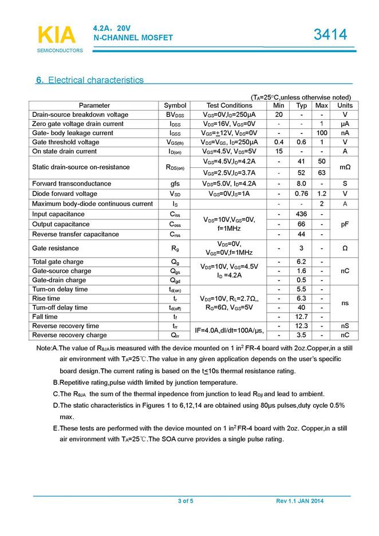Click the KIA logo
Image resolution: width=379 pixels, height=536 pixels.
(57, 35)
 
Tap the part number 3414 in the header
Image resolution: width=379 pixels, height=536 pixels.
(330, 35)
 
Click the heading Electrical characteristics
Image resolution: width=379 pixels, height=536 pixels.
(90, 80)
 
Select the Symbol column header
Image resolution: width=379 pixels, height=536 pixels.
(175, 105)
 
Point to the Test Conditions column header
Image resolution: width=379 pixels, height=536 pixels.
(229, 105)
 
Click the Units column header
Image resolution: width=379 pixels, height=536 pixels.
(345, 105)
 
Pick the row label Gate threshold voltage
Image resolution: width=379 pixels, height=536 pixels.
(66, 142)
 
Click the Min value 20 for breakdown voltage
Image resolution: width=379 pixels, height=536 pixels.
(279, 115)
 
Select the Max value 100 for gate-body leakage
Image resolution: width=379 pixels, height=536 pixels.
(322, 133)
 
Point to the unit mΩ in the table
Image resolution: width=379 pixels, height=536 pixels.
(345, 167)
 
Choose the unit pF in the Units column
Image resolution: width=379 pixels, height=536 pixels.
(345, 224)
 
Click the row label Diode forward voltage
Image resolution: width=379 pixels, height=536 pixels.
(65, 194)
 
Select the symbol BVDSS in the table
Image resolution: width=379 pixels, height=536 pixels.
(175, 115)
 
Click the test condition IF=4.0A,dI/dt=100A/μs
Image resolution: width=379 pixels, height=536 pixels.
(229, 330)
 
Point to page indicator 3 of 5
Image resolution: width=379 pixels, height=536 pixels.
(185, 502)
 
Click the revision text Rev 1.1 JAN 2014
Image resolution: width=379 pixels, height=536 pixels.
(300, 502)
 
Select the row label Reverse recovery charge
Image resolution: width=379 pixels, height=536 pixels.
(69, 335)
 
